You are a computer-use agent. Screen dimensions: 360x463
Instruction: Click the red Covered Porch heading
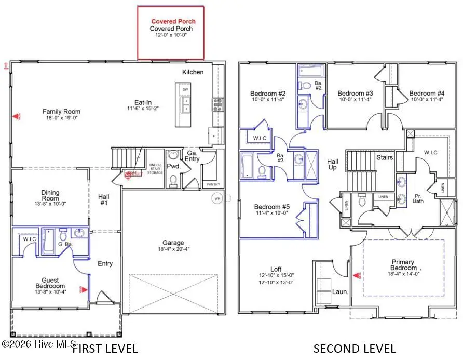[170, 21]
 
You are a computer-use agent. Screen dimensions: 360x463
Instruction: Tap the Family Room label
[61, 111]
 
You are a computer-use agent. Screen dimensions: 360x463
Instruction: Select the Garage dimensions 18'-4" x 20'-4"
[173, 249]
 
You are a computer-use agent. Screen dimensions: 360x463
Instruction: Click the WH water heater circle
[216, 198]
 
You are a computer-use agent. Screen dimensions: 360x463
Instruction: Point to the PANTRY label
[213, 184]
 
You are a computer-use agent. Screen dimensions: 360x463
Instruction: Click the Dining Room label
[50, 195]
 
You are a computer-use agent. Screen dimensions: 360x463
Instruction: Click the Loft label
[276, 269]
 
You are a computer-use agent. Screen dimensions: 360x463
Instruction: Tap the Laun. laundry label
[343, 292]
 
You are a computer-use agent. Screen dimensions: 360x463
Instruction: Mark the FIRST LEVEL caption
[105, 349]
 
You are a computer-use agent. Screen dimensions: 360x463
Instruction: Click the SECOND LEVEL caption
[355, 349]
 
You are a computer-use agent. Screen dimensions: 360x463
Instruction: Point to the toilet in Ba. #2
[306, 85]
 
